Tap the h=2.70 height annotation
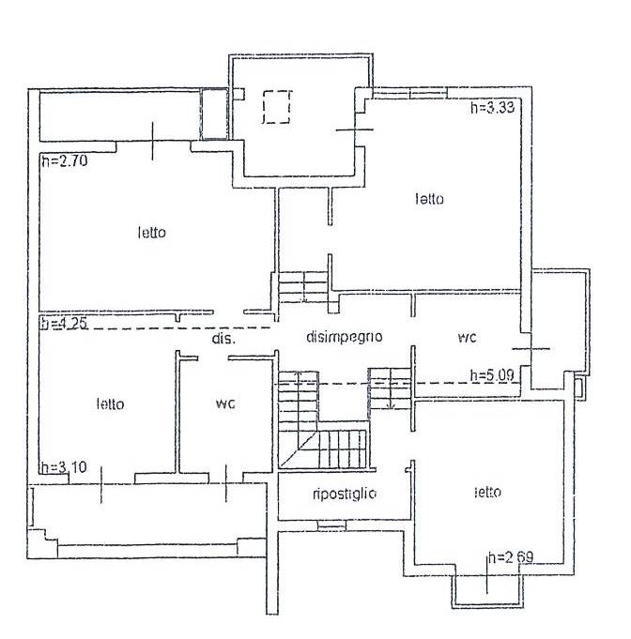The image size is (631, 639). (x=62, y=161)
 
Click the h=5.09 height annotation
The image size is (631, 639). (x=492, y=375)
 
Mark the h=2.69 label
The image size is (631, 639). (x=511, y=557)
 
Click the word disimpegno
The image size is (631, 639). (x=344, y=337)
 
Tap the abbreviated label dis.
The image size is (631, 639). (x=223, y=339)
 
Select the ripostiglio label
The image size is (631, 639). (x=345, y=494)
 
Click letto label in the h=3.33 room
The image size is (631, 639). (x=430, y=199)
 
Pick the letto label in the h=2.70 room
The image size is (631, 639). (x=152, y=232)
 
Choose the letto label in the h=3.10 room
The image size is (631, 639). (x=110, y=404)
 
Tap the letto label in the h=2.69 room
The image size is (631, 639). (x=487, y=492)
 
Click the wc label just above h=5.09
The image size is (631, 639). (x=467, y=337)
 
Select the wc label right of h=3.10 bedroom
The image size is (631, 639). (x=224, y=404)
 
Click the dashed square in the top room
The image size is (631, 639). (x=276, y=107)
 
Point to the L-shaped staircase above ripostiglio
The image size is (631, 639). (x=319, y=427)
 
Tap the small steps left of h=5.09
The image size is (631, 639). (x=389, y=388)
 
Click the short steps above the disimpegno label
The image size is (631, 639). (x=302, y=286)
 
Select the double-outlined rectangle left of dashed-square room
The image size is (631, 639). (x=214, y=114)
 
